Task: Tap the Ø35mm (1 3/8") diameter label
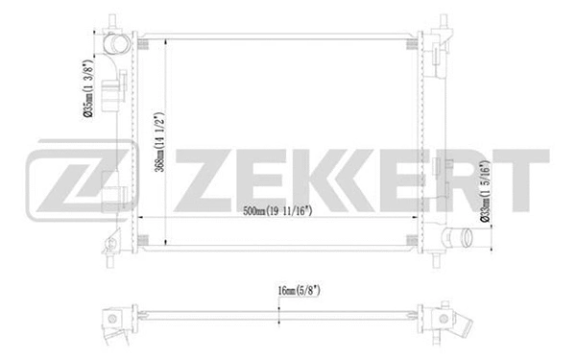[x=87, y=86]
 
